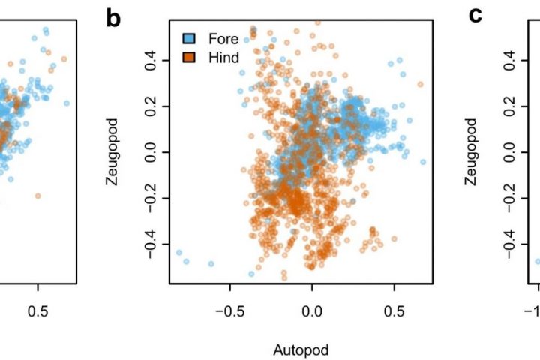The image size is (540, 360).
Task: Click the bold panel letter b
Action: tap(113, 19)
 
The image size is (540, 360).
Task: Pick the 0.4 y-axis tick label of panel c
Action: tap(511, 58)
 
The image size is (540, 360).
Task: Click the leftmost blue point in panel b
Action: tap(178, 253)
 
